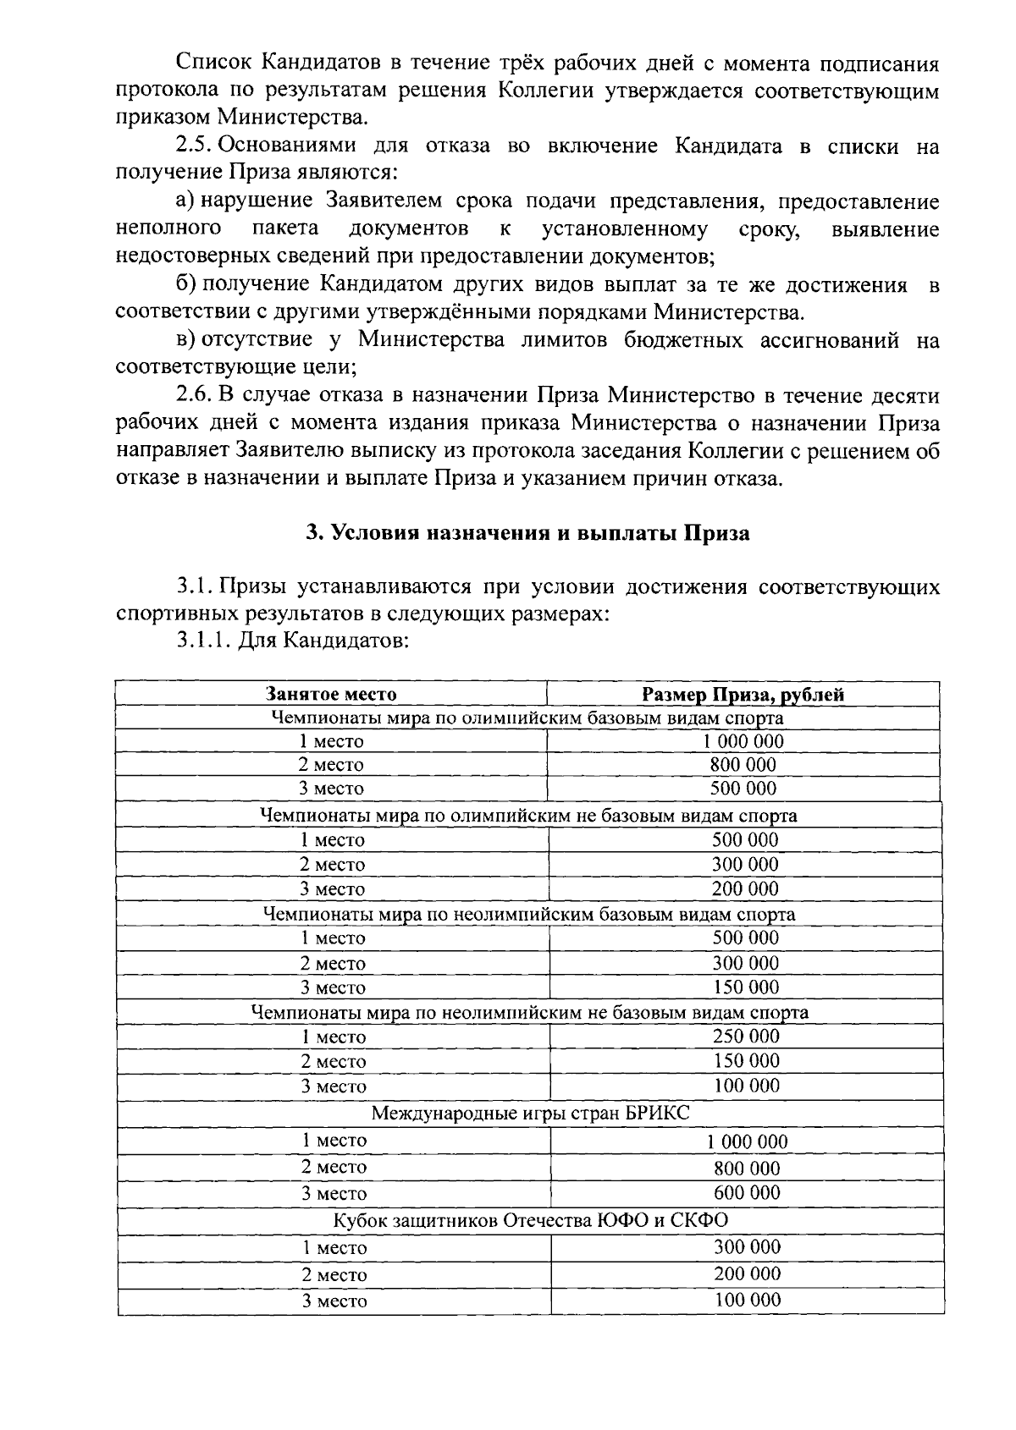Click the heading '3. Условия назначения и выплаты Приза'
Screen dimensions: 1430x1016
527,534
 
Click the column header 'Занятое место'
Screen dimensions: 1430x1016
331,695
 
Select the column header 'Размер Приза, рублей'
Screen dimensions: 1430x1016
743,695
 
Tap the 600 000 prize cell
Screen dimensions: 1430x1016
747,1192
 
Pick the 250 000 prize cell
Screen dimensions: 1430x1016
746,1036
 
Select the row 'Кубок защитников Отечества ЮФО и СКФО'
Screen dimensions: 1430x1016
530,1220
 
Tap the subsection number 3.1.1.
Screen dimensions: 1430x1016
203,641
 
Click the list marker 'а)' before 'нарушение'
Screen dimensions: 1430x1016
186,201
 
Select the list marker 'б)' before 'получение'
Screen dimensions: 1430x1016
186,284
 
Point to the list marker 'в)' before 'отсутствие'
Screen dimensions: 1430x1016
186,340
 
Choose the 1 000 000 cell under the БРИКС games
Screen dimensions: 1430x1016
747,1141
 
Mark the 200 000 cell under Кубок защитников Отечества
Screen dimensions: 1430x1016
747,1273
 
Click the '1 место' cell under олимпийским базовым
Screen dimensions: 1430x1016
331,741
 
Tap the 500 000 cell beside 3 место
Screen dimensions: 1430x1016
743,789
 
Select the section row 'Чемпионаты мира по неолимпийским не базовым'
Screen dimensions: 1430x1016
530,1012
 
